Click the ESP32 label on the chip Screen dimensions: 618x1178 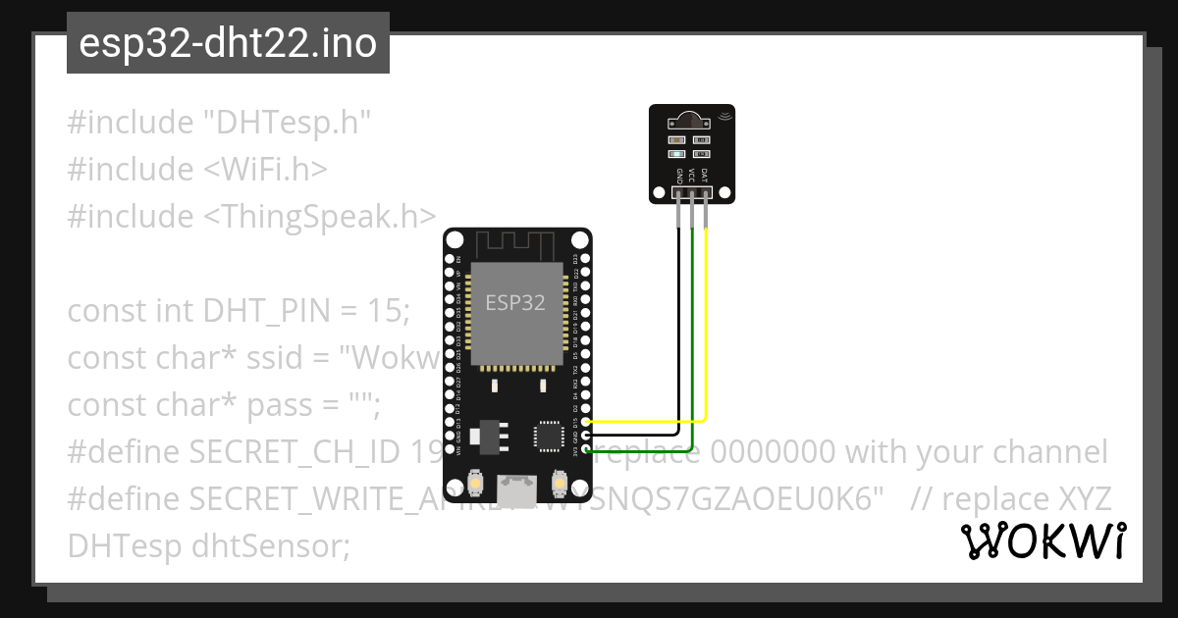pos(515,302)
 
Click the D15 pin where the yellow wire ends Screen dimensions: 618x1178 pos(586,422)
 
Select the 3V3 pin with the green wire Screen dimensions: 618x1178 pos(586,450)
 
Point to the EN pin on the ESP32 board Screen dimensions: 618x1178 pos(450,259)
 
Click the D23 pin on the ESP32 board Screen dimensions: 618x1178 pos(586,259)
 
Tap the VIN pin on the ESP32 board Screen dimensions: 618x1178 pos(450,450)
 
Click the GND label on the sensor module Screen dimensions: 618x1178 pos(679,176)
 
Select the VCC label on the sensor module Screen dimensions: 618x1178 pos(692,176)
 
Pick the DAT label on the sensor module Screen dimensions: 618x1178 pos(705,176)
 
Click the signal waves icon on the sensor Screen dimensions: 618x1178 pos(725,117)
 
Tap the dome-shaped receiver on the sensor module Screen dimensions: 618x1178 pos(691,121)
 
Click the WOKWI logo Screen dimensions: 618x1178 pos(1044,541)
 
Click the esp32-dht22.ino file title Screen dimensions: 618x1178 pos(228,44)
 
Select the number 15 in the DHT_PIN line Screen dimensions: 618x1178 pos(386,311)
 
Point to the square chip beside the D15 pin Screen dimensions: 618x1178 pos(548,436)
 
